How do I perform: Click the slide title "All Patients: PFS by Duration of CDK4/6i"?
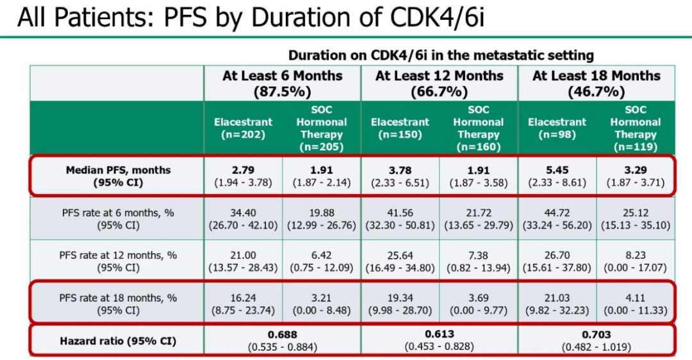pos(251,18)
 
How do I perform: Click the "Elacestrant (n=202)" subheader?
pos(243,128)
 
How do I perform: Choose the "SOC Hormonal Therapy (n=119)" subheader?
pos(636,128)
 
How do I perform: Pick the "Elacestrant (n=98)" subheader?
pos(557,128)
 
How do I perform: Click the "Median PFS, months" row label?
pos(118,170)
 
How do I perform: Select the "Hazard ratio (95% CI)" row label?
pos(118,341)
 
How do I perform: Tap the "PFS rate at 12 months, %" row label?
pos(118,255)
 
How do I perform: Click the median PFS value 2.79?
pos(243,170)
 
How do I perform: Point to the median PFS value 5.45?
pos(557,170)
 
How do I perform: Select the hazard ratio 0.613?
pos(440,334)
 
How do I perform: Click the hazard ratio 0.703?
pos(596,334)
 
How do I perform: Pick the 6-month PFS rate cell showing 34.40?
pos(243,212)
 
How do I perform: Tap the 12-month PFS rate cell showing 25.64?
pos(400,255)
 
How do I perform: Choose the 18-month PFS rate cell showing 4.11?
pos(636,298)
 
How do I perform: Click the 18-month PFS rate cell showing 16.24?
pos(243,298)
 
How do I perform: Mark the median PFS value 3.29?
pos(636,170)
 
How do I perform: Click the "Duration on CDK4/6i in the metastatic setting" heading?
pos(441,56)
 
